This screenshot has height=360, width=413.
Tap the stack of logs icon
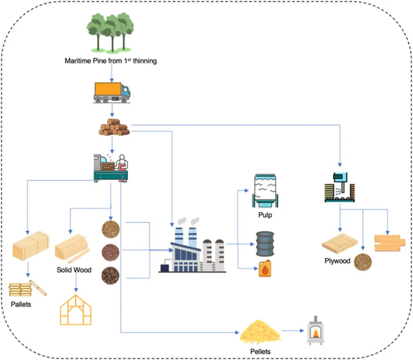click(x=114, y=127)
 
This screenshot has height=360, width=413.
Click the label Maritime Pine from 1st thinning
click(x=111, y=61)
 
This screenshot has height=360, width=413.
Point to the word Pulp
click(x=265, y=215)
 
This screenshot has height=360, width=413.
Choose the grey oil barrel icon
click(x=265, y=244)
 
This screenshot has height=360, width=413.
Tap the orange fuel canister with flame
click(x=265, y=268)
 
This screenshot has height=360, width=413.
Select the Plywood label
click(x=338, y=261)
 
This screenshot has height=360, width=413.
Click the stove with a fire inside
click(x=317, y=331)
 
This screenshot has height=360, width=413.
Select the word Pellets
click(x=260, y=352)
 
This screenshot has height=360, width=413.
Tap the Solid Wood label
click(x=74, y=270)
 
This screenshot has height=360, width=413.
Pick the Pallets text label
click(x=21, y=304)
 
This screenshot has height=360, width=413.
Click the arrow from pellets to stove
click(x=293, y=331)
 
